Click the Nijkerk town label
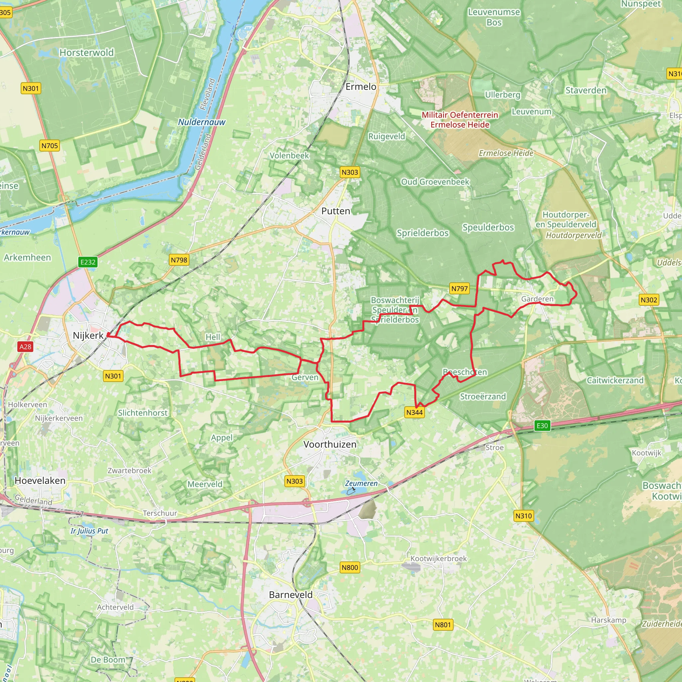88,335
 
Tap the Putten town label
335,211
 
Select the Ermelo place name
361,87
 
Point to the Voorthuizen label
330,444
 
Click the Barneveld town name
290,595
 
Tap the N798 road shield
179,260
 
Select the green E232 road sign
88,262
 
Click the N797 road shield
459,289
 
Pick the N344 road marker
414,412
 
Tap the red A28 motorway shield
25,347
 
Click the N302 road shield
649,300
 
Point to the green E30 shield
542,426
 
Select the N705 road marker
49,146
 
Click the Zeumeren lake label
361,483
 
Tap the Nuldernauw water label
201,122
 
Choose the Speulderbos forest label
488,227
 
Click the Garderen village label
537,299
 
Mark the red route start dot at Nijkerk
108,335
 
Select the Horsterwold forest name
87,53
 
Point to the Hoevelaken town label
40,481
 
